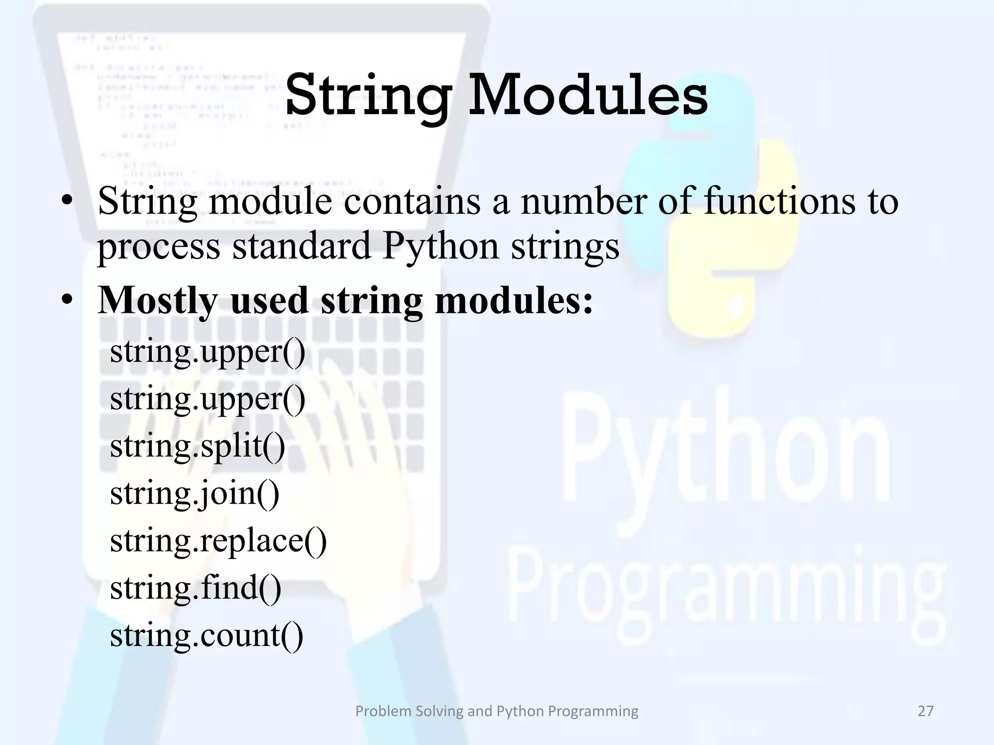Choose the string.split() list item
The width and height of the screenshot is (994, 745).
pyautogui.click(x=198, y=446)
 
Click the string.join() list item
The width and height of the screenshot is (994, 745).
pyautogui.click(x=195, y=494)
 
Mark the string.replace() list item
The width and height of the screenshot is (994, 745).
pyautogui.click(x=218, y=540)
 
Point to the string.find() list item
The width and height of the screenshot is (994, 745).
pyautogui.click(x=196, y=588)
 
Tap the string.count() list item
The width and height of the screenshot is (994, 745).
pyautogui.click(x=207, y=635)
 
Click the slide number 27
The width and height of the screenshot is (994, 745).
pyautogui.click(x=926, y=711)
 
